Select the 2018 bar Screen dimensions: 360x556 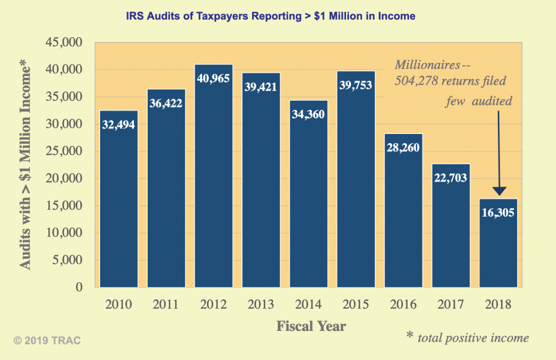[x=499, y=247]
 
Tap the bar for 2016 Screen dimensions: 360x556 [x=403, y=216]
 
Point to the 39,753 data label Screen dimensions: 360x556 [x=356, y=85]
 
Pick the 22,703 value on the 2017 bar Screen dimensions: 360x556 [x=451, y=178]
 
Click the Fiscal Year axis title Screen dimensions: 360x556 [x=311, y=325]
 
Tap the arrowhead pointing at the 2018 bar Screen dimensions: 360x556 [x=499, y=191]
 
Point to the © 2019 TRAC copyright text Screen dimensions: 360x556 [x=48, y=340]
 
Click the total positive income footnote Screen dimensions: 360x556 [x=468, y=337]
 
